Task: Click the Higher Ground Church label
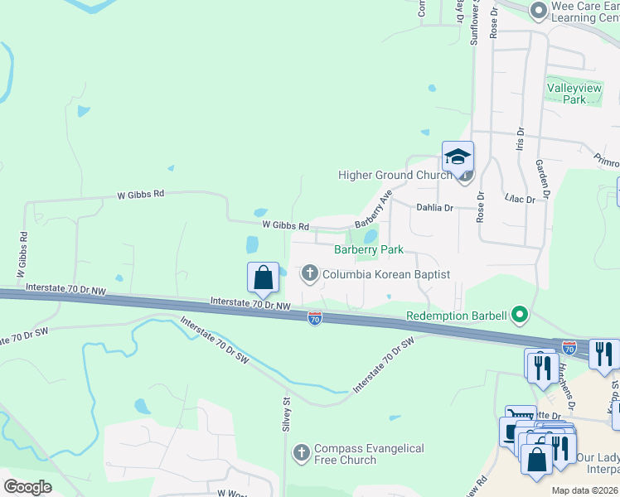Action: tap(395, 175)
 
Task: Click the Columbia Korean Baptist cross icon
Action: tap(310, 273)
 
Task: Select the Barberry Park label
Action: tap(368, 249)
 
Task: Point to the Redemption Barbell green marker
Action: tap(520, 314)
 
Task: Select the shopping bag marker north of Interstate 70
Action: tap(264, 277)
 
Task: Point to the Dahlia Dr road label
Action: tap(435, 209)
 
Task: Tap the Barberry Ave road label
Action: tap(374, 212)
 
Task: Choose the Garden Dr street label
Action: tap(545, 179)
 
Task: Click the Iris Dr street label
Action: tap(521, 138)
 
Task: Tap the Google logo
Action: tap(27, 486)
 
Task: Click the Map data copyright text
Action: tap(585, 490)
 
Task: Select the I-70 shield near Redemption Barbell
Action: tap(315, 317)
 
